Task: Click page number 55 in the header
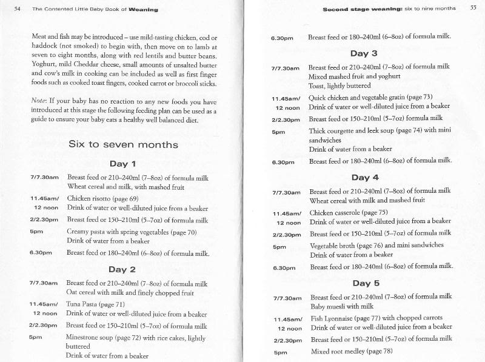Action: coord(473,9)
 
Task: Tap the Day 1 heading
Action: coord(122,164)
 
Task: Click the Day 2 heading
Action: coord(123,269)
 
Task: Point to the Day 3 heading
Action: coord(364,53)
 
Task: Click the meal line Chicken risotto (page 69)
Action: coord(102,198)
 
